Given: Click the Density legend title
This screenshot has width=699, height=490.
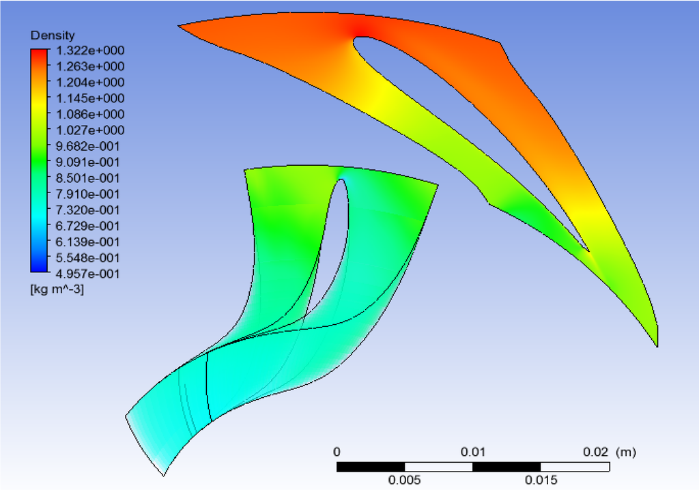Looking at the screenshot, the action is [x=53, y=35].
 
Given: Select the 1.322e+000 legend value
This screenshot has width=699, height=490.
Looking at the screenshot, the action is [x=90, y=51].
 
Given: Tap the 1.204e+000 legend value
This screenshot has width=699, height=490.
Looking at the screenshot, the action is [x=90, y=83].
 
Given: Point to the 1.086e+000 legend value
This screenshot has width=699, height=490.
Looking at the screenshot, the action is [x=90, y=114].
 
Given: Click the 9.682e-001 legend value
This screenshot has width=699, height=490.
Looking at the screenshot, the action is [x=88, y=146].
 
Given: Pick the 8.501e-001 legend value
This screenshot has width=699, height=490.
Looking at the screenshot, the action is [x=88, y=178].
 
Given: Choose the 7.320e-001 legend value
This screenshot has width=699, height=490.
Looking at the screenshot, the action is [x=88, y=210].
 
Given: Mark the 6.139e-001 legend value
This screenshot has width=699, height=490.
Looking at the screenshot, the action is [x=88, y=242].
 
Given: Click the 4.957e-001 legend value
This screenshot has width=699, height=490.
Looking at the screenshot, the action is [x=88, y=274].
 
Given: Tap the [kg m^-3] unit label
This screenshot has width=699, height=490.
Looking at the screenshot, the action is [x=57, y=289].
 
